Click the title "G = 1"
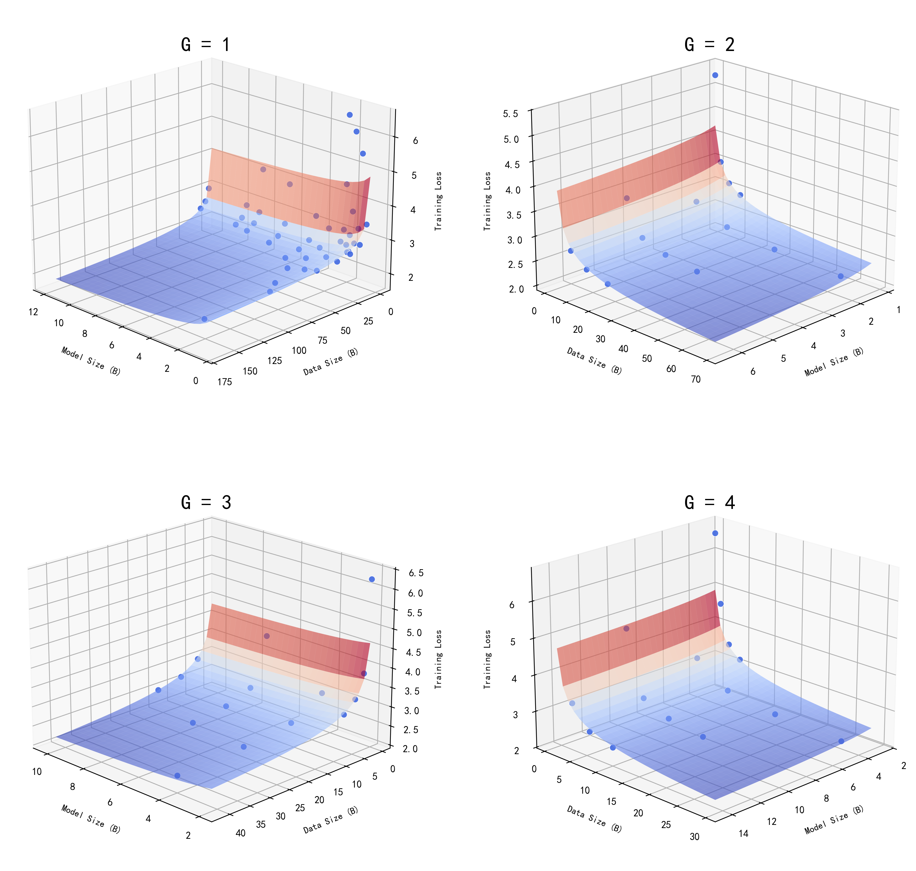click(x=206, y=45)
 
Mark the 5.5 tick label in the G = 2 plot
click(x=511, y=114)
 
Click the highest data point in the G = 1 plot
click(x=349, y=115)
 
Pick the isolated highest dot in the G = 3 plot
click(x=372, y=579)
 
